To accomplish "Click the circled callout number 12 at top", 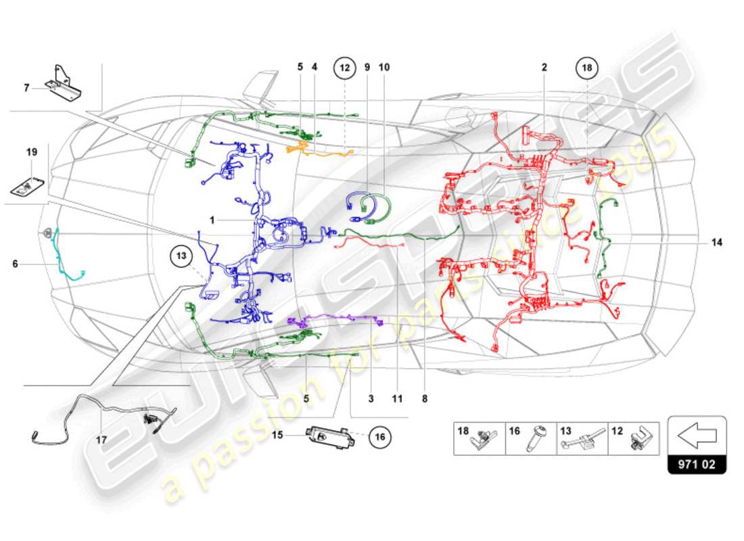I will click(x=344, y=68).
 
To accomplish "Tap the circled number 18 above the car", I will click(x=586, y=68).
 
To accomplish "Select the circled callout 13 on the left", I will click(x=181, y=256).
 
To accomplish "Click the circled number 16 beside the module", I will click(x=380, y=438).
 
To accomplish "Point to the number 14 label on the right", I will click(x=716, y=241).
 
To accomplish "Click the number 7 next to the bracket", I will click(x=26, y=87).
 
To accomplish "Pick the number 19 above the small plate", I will click(x=32, y=152).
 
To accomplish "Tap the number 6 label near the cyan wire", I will click(x=15, y=264).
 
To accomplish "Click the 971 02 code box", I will click(x=697, y=465).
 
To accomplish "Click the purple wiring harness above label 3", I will click(x=338, y=318).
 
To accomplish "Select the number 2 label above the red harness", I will click(x=544, y=68).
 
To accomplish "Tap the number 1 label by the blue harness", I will click(x=212, y=220).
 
